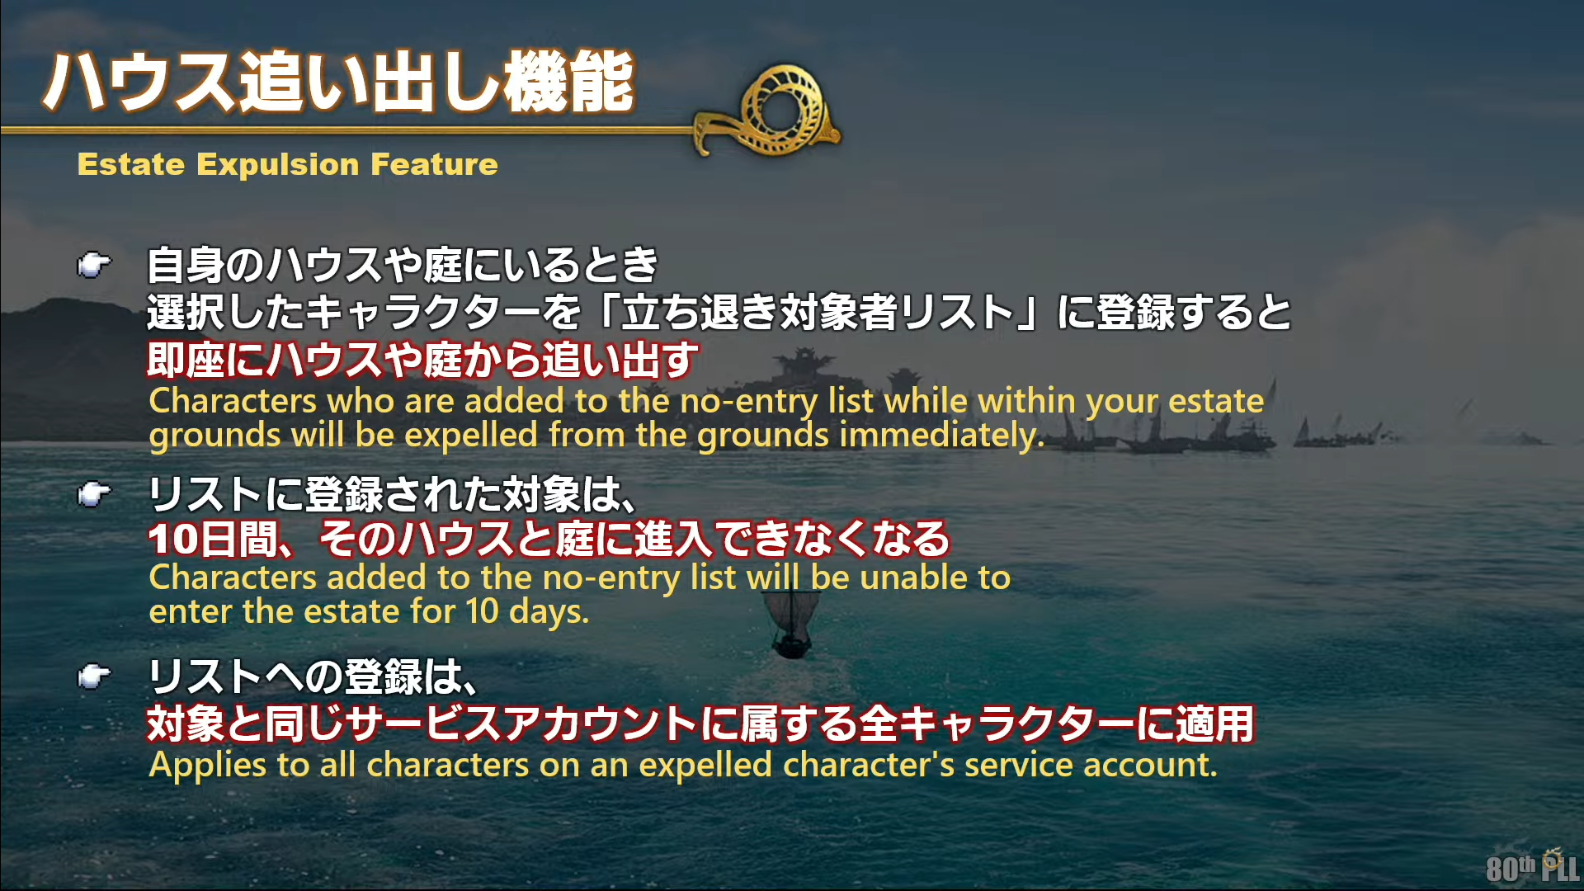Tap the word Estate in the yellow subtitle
[130, 164]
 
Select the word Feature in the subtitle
[435, 164]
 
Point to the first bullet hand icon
[93, 265]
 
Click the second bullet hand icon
[93, 494]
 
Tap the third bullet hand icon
[93, 676]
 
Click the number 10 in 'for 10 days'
[482, 611]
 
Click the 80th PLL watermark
[1533, 866]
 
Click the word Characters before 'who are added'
[233, 401]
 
